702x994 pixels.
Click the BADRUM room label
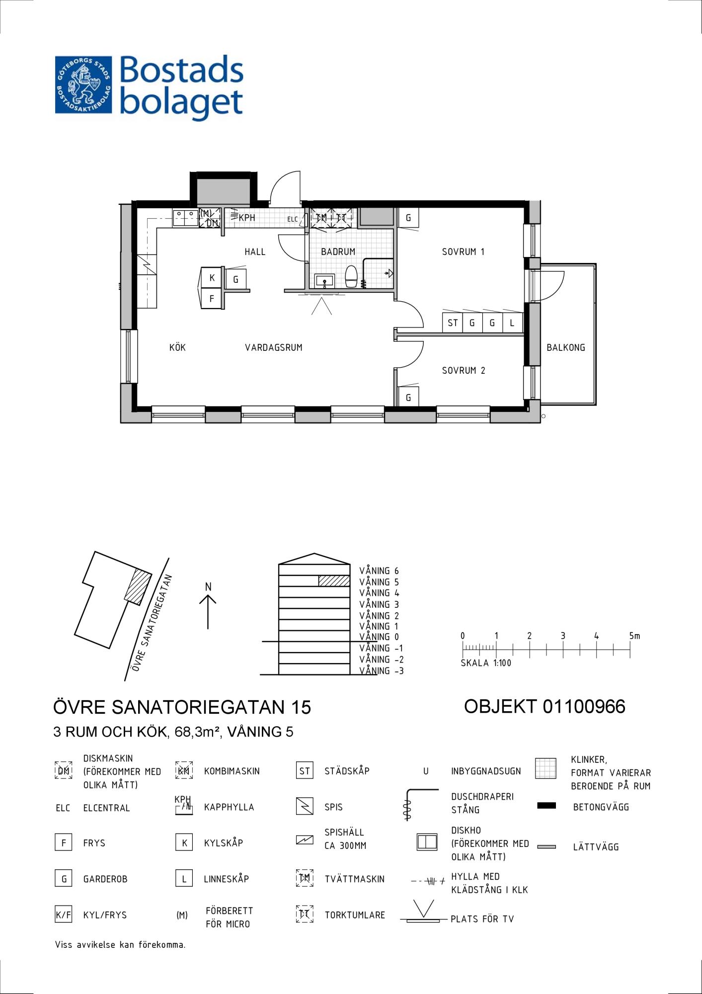coord(338,251)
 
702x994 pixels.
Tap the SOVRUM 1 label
coord(463,251)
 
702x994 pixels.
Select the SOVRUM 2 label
coord(464,370)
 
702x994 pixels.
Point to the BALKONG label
coord(566,347)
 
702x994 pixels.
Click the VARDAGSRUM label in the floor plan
coord(274,347)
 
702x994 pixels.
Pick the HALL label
coord(255,251)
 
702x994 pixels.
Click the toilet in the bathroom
coord(351,276)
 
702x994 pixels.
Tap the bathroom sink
coord(324,281)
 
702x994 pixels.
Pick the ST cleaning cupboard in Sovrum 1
coord(453,323)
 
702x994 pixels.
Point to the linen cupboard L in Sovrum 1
coord(513,323)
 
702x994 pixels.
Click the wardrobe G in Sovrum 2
coord(408,397)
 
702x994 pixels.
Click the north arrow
coord(208,612)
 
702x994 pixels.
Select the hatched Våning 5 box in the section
coord(334,580)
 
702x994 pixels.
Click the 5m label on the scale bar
coord(634,636)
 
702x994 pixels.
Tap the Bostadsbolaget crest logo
coord(83,84)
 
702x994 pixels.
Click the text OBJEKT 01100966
coord(545,706)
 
